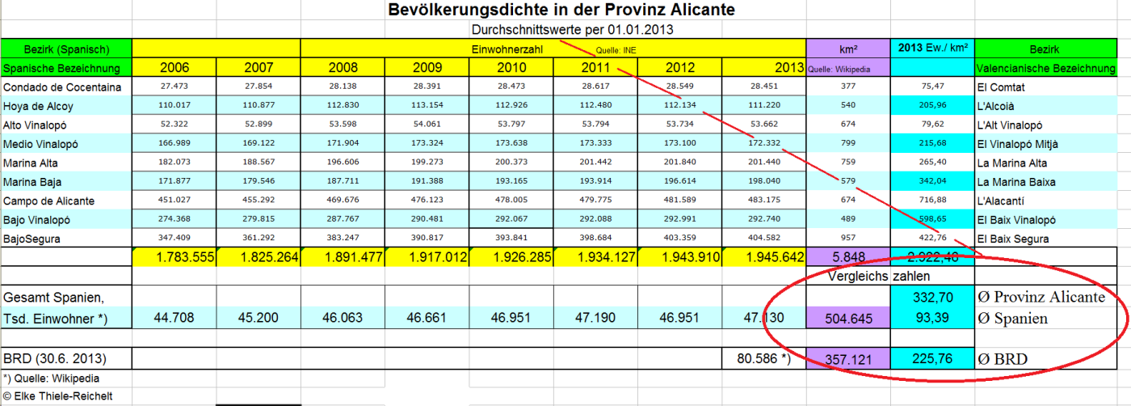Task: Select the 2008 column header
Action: point(343,67)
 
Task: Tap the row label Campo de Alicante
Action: point(49,200)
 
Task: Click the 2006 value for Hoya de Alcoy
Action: point(175,105)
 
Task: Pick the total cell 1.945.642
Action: point(764,258)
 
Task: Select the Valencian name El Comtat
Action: point(1000,87)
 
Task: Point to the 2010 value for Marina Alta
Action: point(511,163)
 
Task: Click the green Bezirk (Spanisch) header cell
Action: point(66,49)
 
